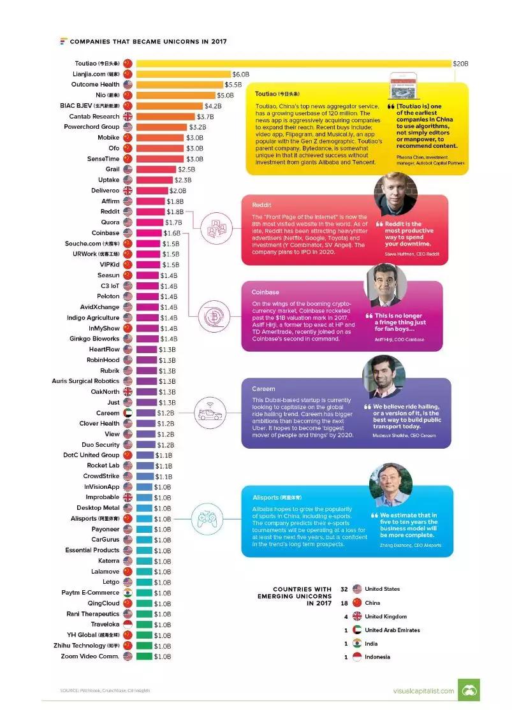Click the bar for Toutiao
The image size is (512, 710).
(293, 64)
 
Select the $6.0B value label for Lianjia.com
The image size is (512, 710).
(240, 75)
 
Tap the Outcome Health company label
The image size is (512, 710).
(95, 84)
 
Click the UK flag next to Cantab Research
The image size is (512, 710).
(128, 117)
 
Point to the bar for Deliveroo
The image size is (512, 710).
(152, 191)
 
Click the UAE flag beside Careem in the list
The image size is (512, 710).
(128, 413)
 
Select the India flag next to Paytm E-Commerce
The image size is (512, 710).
(128, 593)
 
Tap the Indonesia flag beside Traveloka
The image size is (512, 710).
(128, 625)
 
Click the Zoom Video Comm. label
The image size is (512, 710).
(90, 656)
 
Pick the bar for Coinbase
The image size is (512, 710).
(149, 233)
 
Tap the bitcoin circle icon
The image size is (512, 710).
(212, 315)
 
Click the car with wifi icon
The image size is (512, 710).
(211, 412)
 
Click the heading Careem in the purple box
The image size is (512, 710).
(263, 389)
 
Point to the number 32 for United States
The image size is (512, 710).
(344, 589)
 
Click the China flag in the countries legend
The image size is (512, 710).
(357, 603)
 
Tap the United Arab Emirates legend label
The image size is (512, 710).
(392, 630)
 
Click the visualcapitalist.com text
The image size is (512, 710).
(423, 691)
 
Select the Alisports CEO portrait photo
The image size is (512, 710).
(390, 485)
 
